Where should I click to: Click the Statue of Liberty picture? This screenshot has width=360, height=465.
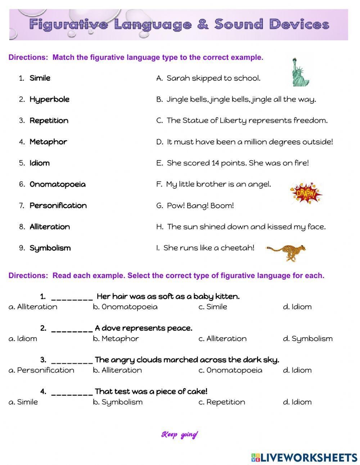(301, 72)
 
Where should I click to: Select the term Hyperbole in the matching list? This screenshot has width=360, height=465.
(49, 99)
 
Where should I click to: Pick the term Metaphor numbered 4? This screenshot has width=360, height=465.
(48, 142)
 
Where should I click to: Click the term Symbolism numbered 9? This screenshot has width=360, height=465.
(50, 248)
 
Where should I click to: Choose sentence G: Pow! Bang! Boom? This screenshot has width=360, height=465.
(200, 206)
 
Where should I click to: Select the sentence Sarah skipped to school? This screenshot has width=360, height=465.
(213, 78)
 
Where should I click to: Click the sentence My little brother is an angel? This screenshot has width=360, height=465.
(218, 184)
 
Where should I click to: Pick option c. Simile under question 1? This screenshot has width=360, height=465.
(213, 307)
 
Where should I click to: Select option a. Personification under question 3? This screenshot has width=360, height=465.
(41, 370)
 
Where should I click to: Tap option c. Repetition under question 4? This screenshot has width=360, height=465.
(221, 402)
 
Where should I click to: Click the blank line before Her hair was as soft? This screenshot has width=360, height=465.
(72, 298)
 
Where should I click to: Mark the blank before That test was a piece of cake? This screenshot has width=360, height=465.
(72, 393)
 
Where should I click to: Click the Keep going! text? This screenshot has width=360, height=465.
(179, 435)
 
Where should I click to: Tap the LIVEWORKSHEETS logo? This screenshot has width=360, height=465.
(304, 457)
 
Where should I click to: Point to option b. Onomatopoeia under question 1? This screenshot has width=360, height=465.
(125, 307)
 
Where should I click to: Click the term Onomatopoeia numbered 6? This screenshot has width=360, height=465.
(58, 184)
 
